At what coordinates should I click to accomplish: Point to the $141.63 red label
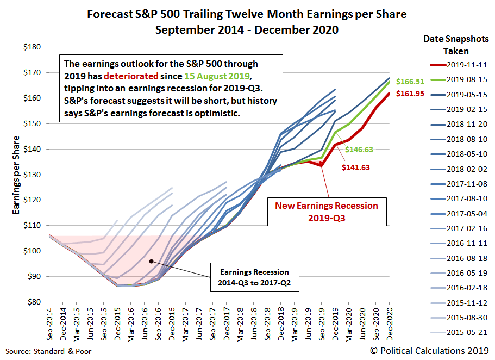pyautogui.click(x=355, y=167)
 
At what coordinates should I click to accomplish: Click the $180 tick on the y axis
pyautogui.click(x=33, y=47)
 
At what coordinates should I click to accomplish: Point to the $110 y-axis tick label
pyautogui.click(x=33, y=226)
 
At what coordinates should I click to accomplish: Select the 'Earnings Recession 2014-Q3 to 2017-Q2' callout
pyautogui.click(x=254, y=277)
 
